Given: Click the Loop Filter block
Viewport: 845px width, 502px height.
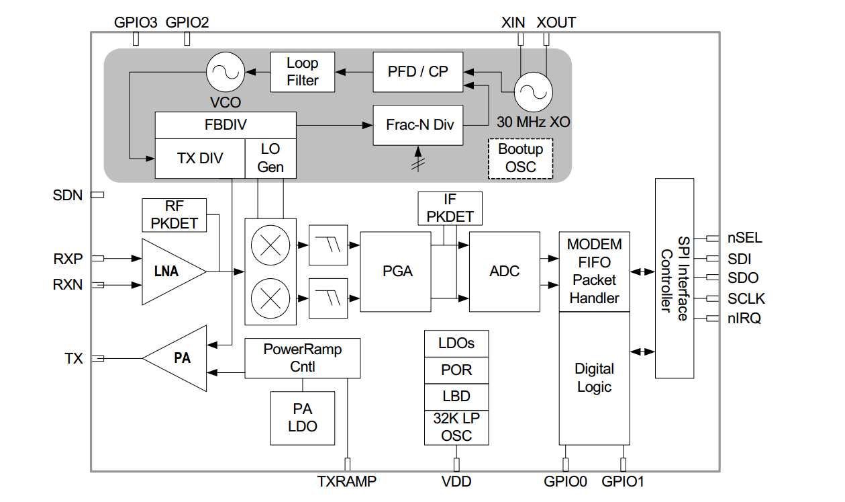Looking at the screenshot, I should pos(302,72).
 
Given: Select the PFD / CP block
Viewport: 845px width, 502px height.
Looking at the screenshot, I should pos(417,71).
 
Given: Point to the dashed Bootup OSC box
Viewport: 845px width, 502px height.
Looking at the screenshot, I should pos(521,158).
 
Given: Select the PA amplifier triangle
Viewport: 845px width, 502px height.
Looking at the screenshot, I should pos(179,358).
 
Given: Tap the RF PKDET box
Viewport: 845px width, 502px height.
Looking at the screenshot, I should pos(175,214).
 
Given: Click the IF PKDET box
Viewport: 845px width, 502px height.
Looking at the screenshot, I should pos(450,208).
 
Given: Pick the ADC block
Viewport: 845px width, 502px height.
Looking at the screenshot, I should pos(504,271).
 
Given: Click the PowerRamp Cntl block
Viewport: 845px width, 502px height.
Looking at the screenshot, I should pos(302,358).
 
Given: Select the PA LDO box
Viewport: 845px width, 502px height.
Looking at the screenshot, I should pos(302,417).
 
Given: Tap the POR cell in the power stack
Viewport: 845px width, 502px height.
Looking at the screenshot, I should pos(456,370).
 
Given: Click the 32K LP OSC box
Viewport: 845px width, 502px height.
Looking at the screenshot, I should pos(456,427).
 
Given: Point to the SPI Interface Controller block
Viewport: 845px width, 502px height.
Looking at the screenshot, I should pos(674,278).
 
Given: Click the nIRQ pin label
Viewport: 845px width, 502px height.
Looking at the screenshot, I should pos(744,319).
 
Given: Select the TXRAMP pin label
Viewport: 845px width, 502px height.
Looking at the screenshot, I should pos(347,481).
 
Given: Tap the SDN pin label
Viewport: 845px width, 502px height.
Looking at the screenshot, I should pos(68,196).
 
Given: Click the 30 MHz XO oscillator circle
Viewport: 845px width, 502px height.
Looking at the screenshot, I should pos(534,93).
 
